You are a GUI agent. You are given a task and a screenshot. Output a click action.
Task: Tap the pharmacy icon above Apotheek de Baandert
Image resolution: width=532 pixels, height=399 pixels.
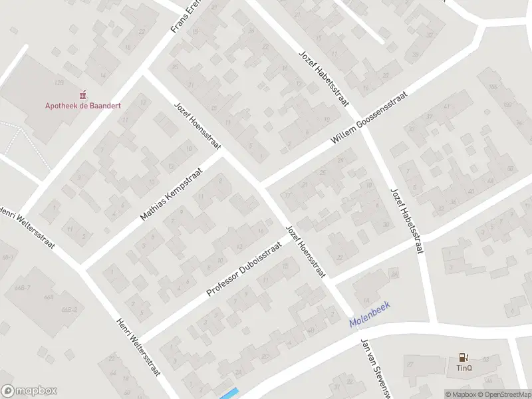tap(83, 94)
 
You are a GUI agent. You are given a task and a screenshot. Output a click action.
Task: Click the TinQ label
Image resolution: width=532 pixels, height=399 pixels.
tap(464, 367)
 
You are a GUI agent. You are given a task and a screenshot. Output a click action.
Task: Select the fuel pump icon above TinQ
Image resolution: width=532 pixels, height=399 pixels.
tap(464, 358)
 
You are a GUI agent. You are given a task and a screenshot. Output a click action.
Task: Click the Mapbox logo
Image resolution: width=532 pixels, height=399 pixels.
tap(29, 391)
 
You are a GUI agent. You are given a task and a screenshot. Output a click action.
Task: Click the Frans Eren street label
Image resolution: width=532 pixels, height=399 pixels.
tap(187, 17)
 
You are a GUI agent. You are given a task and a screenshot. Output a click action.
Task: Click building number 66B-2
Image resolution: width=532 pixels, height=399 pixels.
tap(69, 310)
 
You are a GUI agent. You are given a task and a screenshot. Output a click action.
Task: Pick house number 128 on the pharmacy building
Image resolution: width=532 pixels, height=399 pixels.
tap(59, 82)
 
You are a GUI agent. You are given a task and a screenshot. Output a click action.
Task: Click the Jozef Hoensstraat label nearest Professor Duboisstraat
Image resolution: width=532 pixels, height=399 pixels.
tap(305, 251)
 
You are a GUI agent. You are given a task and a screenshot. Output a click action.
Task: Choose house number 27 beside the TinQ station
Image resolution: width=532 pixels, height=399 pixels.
tap(410, 364)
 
